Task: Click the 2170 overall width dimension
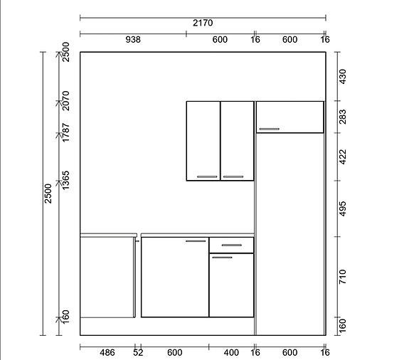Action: tap(203, 23)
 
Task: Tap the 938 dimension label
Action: tap(133, 40)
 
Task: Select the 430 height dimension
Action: tap(342, 76)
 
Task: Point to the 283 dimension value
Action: tap(342, 117)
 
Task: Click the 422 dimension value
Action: tap(342, 157)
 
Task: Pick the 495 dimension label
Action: tap(342, 208)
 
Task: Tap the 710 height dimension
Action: tap(342, 277)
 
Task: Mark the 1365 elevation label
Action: tap(65, 180)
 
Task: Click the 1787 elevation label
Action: tap(65, 133)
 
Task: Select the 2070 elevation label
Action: tap(65, 101)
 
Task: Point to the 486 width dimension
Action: tap(107, 353)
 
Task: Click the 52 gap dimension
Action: tap(138, 353)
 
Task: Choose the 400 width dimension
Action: tap(231, 353)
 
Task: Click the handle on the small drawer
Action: tap(232, 245)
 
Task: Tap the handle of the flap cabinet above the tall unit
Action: tap(269, 129)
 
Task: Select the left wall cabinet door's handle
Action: tap(207, 176)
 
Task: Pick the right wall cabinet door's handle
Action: tap(233, 176)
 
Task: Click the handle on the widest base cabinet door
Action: tap(196, 241)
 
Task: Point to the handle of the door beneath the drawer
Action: tap(222, 258)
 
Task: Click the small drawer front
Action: tap(231, 245)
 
